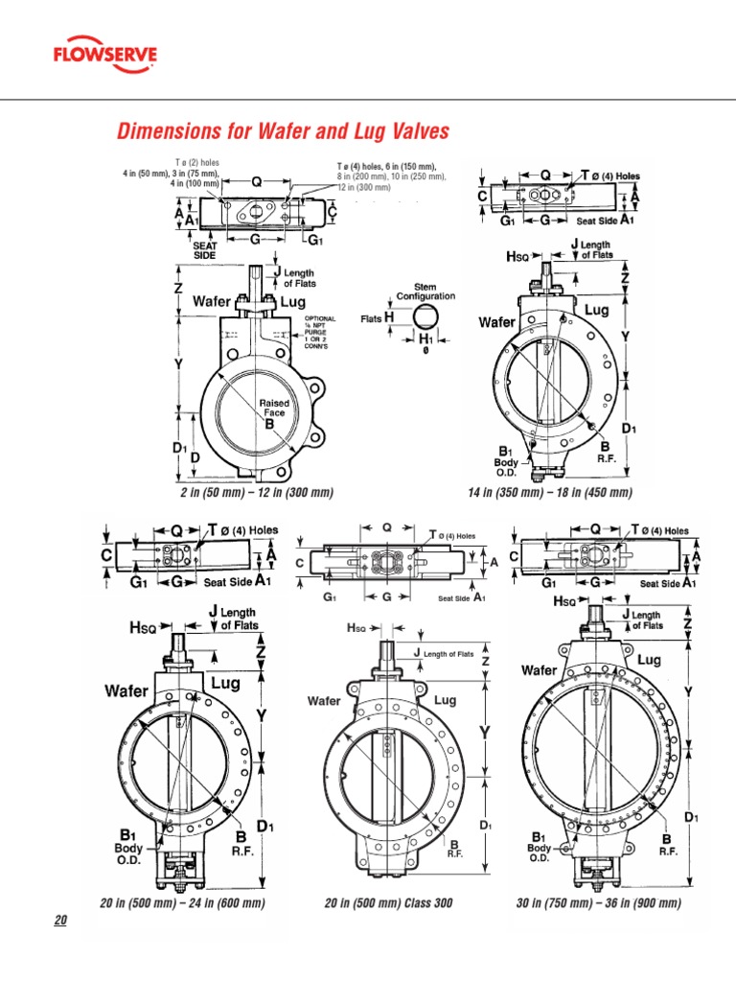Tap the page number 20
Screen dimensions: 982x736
(60, 921)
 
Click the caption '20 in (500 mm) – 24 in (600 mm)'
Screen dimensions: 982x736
(182, 903)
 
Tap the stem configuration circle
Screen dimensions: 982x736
(427, 317)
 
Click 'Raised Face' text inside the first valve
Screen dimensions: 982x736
(274, 409)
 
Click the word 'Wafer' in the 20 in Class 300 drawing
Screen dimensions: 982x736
(324, 701)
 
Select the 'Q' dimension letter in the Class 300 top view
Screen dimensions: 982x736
(386, 526)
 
